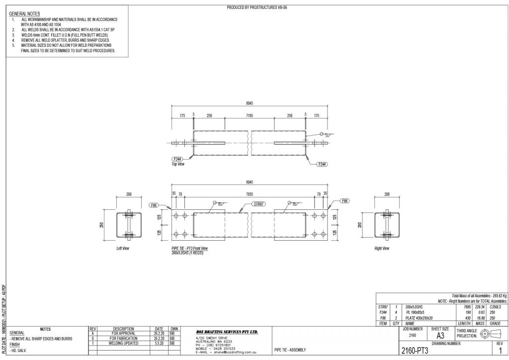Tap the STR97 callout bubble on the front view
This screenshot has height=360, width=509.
coord(257,204)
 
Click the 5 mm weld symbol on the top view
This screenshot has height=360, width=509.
coord(326,134)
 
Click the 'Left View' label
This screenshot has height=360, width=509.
coord(122,248)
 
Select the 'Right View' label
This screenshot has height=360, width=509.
coord(382,248)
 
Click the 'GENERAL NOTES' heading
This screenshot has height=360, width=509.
coord(25,13)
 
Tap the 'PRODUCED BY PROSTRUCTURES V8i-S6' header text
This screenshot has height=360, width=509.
coord(257,7)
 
